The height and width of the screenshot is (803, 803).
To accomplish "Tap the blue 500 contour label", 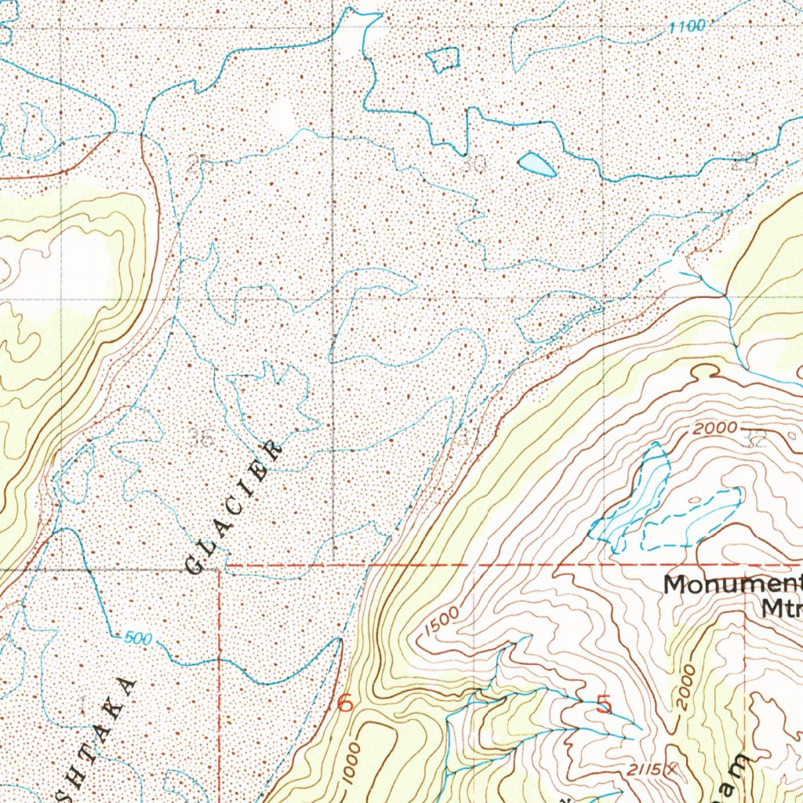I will (x=138, y=639).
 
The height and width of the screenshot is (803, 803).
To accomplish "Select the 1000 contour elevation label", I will (x=352, y=758).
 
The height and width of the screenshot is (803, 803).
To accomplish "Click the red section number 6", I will (x=344, y=703).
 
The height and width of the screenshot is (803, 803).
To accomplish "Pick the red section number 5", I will (x=604, y=703).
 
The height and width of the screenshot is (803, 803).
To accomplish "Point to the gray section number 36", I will (x=202, y=437).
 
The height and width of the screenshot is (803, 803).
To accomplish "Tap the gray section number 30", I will (x=474, y=165).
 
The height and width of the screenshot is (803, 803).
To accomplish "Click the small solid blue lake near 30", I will (x=537, y=164).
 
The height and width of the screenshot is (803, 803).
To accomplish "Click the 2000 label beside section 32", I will (x=714, y=428).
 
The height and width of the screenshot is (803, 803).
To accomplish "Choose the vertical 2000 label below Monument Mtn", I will (x=684, y=688).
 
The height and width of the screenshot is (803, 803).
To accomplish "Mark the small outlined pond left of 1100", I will (x=444, y=59).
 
